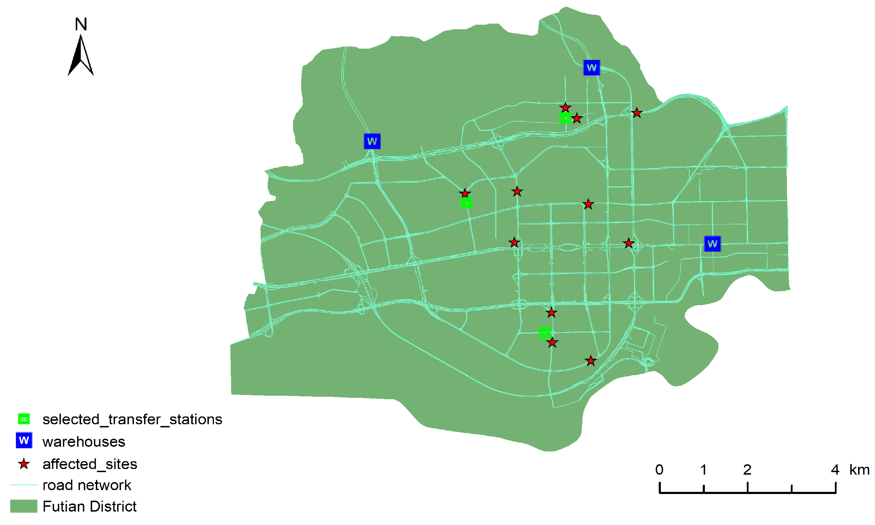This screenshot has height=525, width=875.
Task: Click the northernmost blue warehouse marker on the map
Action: click(x=591, y=68)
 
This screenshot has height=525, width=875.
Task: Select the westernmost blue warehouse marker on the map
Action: click(x=372, y=141)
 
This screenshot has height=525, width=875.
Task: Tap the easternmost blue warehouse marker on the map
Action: click(x=712, y=244)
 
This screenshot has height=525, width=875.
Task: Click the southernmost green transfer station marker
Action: click(x=545, y=333)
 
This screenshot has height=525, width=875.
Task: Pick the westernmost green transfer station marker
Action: click(x=466, y=203)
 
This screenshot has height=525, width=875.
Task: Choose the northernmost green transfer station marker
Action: click(x=565, y=118)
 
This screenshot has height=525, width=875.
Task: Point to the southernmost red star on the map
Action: click(x=591, y=361)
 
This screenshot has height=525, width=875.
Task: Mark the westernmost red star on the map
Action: click(x=465, y=193)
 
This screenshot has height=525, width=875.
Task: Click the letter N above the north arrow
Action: click(x=81, y=24)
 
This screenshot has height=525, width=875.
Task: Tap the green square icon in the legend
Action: click(x=24, y=419)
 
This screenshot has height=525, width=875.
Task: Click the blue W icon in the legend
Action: click(x=24, y=440)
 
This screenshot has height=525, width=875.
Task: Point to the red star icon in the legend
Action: click(x=24, y=464)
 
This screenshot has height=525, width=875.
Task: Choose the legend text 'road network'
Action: click(x=87, y=485)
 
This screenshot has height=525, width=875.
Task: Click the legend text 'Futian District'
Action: click(x=89, y=506)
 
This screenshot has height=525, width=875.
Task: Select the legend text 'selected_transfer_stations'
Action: click(x=132, y=419)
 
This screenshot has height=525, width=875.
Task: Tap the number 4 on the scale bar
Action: click(x=835, y=470)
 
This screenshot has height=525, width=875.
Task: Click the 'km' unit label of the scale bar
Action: click(x=859, y=470)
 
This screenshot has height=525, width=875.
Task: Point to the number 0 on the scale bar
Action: click(x=659, y=470)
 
